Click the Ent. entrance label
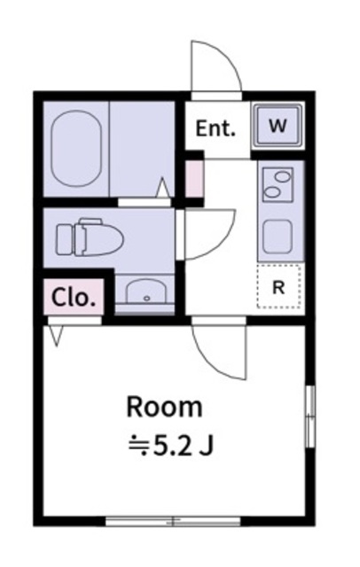coord(215,128)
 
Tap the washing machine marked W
coord(278,125)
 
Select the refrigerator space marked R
coord(278,286)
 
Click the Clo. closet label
coord(74,298)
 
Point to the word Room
coord(164,408)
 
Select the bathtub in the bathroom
coord(75,150)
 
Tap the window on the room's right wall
coord(309,416)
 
